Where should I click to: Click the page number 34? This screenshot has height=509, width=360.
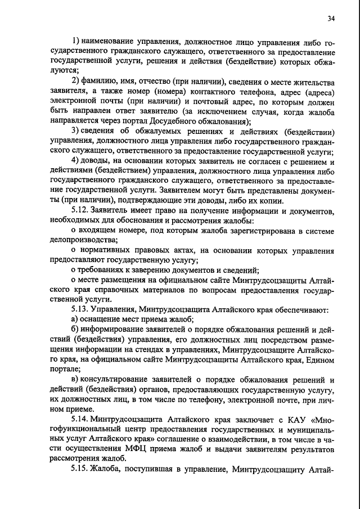pos(331,19)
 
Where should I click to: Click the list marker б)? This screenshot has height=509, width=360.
pos(75,329)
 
